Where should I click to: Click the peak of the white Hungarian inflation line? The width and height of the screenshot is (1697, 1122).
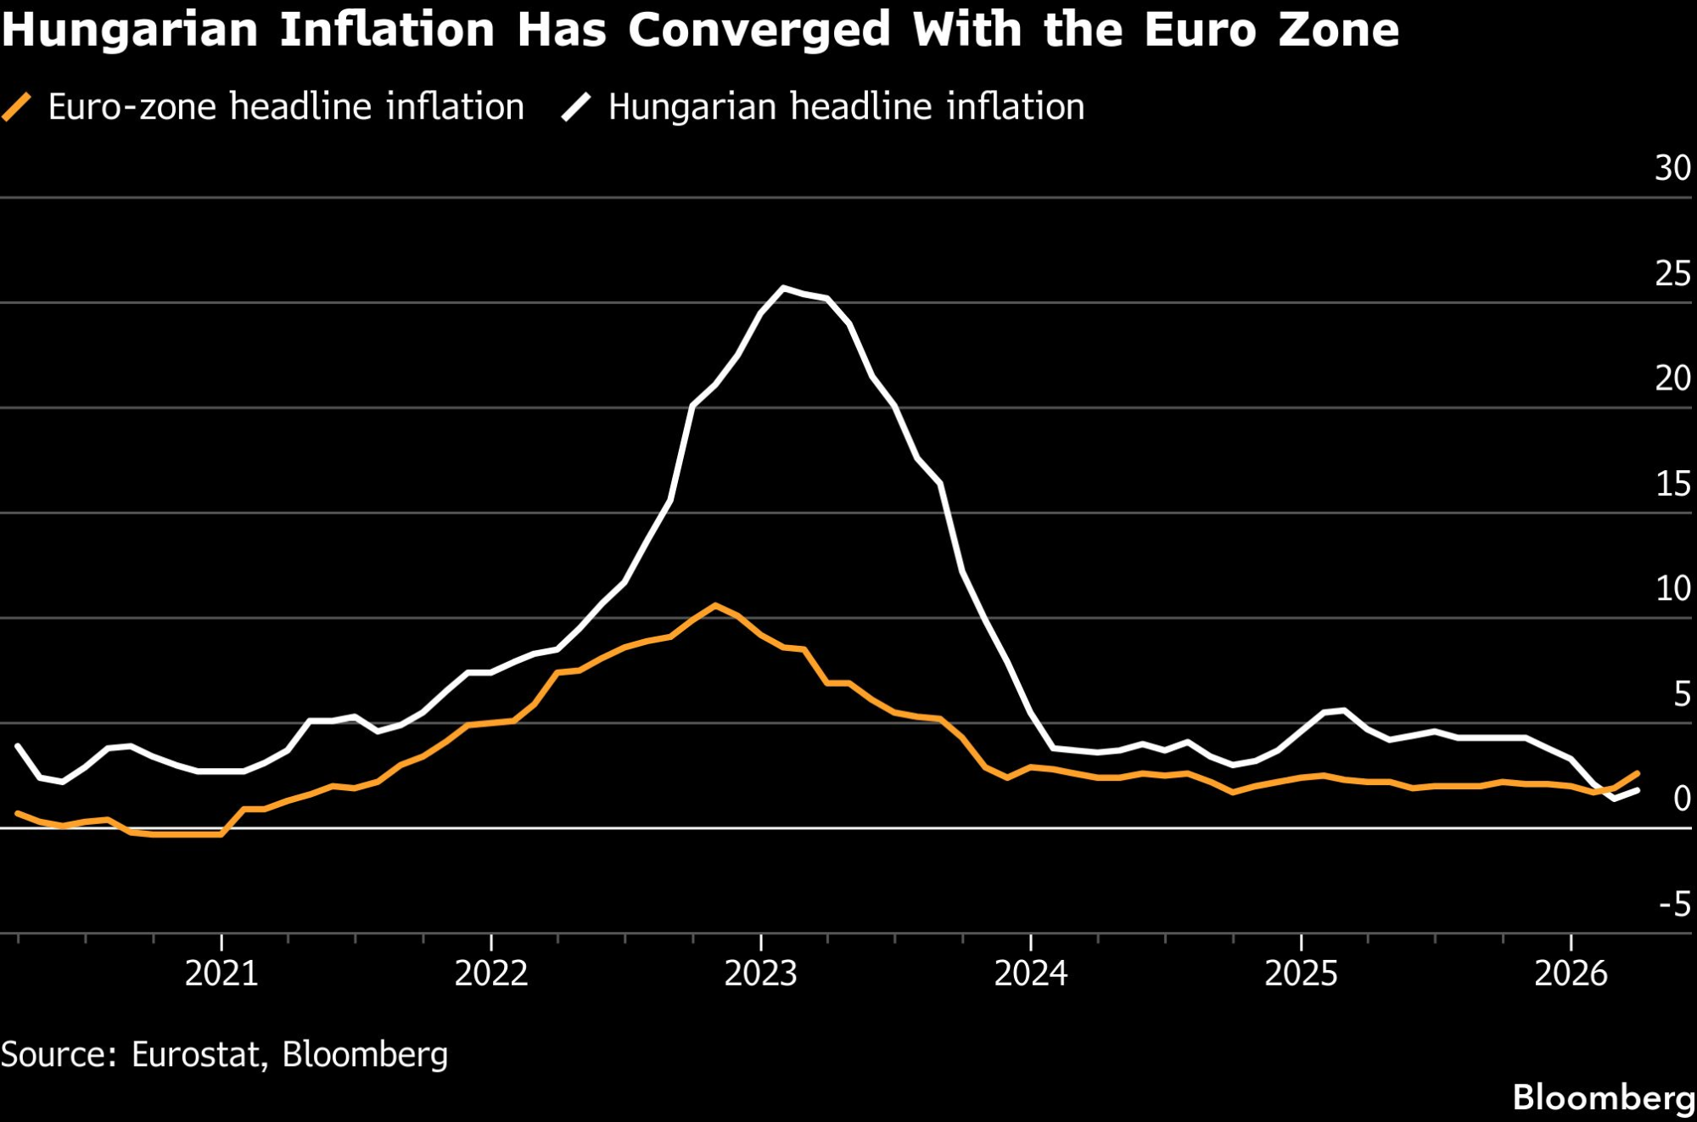point(783,288)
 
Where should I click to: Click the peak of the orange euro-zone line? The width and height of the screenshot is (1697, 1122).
point(715,605)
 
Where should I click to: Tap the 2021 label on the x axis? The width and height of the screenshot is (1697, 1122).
point(221,973)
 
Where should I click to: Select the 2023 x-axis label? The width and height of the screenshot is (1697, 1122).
point(761,973)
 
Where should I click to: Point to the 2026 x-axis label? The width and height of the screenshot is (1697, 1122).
point(1571,973)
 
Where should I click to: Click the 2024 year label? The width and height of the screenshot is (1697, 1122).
point(1031,973)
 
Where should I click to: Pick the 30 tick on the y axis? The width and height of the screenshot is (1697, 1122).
point(1672,168)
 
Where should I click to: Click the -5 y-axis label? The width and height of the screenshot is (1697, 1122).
point(1675,905)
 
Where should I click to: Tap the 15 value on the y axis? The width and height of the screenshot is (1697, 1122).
point(1673,484)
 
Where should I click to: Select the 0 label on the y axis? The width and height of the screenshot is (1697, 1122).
point(1682,799)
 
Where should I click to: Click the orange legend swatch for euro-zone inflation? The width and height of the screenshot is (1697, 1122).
point(17,108)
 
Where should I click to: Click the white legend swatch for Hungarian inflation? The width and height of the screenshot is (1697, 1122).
point(576,108)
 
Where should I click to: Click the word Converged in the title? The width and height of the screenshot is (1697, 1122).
point(759,30)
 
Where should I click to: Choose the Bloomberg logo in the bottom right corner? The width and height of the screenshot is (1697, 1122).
point(1604,1097)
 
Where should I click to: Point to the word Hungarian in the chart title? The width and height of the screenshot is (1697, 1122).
point(130,30)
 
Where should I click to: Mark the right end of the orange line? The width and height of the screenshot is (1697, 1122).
point(1638,773)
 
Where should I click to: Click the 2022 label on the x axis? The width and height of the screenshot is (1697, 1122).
point(491,973)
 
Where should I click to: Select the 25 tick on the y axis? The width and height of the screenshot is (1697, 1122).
point(1672,273)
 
